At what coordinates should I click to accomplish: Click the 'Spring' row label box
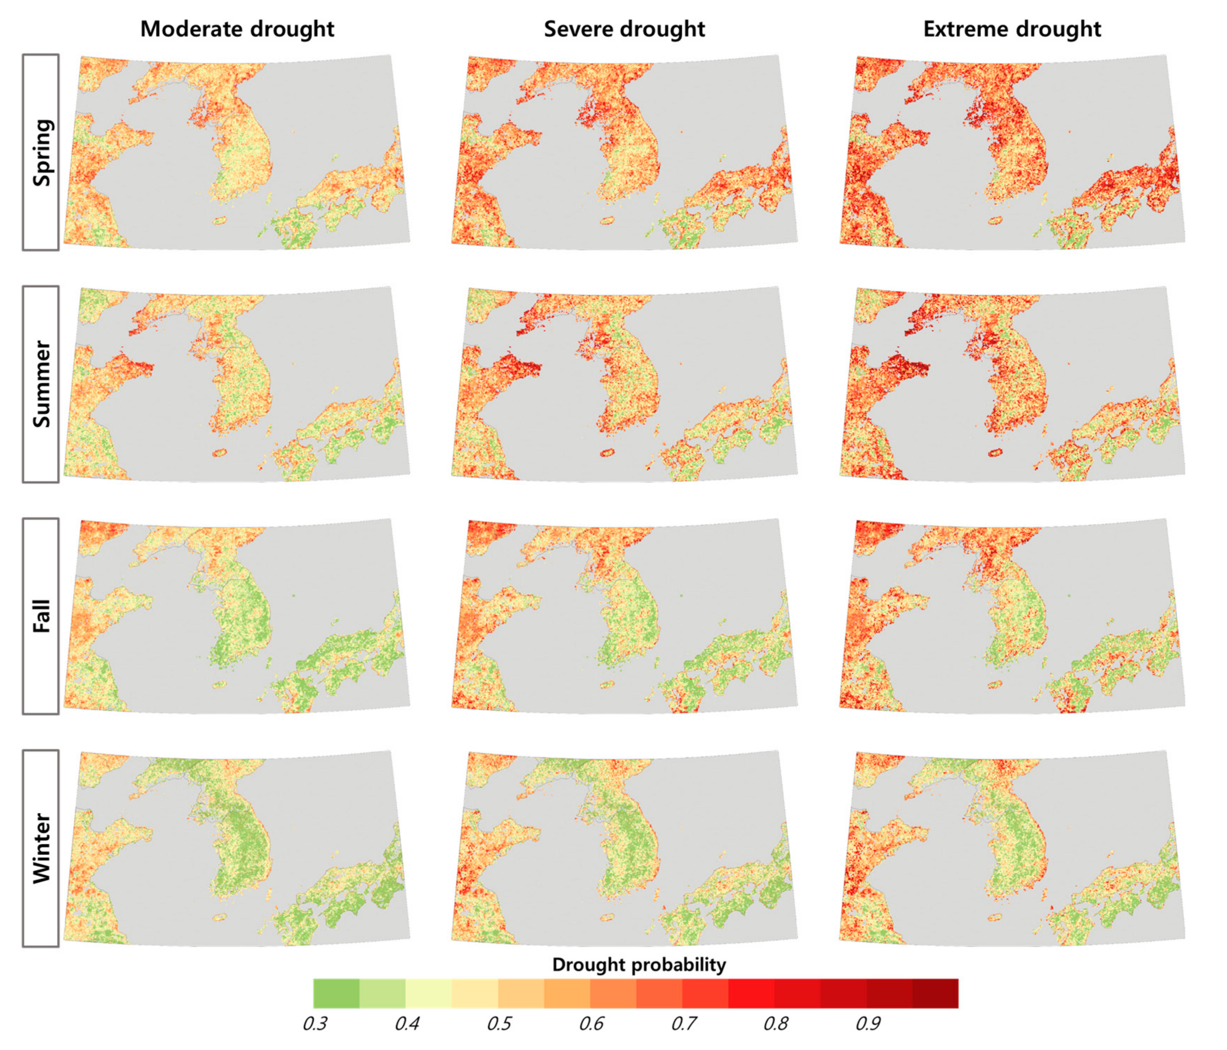click(x=41, y=152)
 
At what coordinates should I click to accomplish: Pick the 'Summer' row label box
click(x=41, y=384)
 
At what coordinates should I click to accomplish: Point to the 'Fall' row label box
click(x=41, y=616)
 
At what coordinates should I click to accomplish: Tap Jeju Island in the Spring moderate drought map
click(x=220, y=220)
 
